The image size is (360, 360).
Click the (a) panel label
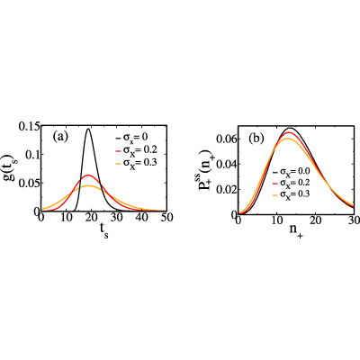tap(60, 137)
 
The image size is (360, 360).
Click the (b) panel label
tap(256, 138)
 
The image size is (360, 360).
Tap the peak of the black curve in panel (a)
tap(88, 129)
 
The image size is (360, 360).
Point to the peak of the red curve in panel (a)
tap(88, 175)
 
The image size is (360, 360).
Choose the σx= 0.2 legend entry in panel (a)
tap(136, 150)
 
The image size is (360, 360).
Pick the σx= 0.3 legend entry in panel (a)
tap(136, 162)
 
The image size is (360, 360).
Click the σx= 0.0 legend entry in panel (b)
tap(291, 172)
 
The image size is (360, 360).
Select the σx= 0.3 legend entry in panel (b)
tap(291, 194)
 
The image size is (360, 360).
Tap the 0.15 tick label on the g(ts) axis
tap(28, 127)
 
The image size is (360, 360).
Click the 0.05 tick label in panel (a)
tap(28, 183)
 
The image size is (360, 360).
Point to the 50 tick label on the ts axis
tap(166, 217)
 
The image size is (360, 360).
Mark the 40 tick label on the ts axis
tap(141, 217)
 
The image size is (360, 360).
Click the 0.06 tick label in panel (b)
tap(225, 139)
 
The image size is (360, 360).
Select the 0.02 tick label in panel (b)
tap(225, 189)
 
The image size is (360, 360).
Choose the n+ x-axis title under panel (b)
tap(296, 232)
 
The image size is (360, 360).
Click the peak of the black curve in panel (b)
tap(291, 128)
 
